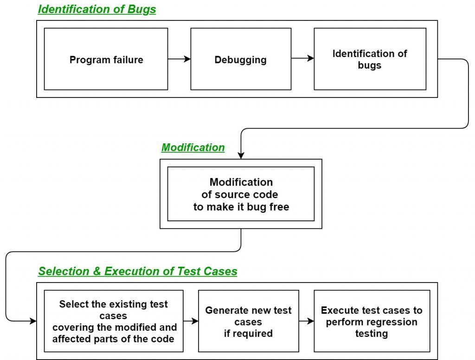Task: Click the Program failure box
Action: click(106, 59)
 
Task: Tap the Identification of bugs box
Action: click(370, 59)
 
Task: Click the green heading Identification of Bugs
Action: click(97, 10)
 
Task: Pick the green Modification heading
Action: click(193, 148)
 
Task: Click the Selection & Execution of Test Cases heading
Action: click(137, 271)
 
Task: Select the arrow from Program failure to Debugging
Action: click(179, 59)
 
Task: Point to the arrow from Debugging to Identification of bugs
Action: click(302, 59)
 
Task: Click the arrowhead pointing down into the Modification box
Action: click(241, 155)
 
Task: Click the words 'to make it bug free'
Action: click(241, 207)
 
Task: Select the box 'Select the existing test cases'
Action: click(114, 321)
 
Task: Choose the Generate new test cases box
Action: click(248, 321)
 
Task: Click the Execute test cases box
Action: click(372, 321)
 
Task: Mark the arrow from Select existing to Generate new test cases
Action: click(191, 321)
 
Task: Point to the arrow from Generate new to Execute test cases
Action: click(306, 321)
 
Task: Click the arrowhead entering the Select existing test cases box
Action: click(33, 321)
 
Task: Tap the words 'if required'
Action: click(248, 333)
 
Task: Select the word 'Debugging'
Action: click(241, 60)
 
